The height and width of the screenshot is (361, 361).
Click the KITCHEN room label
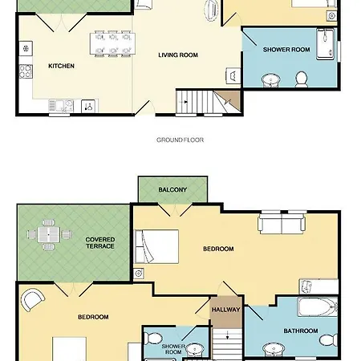tap(61, 66)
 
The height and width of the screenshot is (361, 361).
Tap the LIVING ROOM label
tap(178, 55)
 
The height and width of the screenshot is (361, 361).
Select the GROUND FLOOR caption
tap(180, 140)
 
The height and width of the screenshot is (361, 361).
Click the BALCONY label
tap(172, 190)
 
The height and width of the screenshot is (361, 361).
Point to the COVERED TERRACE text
tap(100, 243)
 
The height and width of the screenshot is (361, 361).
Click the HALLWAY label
tap(226, 310)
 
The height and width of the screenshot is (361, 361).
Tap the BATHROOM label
tap(301, 331)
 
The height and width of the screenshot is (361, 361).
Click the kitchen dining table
tap(112, 43)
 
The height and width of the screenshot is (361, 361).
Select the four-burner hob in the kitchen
tap(26, 71)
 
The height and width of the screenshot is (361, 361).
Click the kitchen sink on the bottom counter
tap(61, 106)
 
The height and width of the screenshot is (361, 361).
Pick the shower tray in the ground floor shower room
tap(325, 44)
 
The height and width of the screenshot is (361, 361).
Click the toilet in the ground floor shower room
tap(302, 79)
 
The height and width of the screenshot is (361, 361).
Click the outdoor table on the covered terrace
tap(48, 234)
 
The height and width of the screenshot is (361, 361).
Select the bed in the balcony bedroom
tap(156, 246)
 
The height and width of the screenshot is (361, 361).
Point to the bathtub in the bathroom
tap(318, 307)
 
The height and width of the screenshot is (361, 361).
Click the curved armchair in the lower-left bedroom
tap(33, 299)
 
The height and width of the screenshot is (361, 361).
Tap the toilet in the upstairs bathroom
tap(328, 339)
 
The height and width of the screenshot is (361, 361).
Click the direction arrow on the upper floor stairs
tap(227, 335)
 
